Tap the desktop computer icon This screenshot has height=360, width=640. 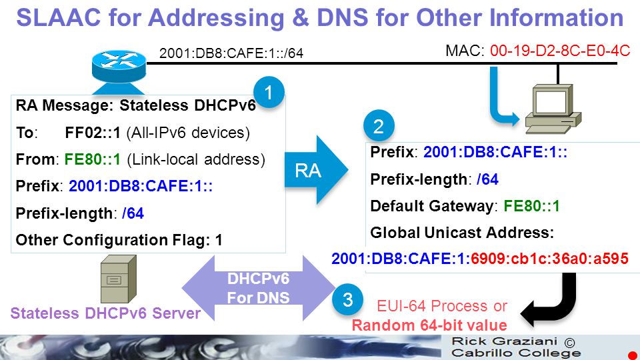(553, 109)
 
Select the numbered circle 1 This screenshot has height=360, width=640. (269, 93)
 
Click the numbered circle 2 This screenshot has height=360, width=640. (379, 126)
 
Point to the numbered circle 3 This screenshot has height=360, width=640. (347, 299)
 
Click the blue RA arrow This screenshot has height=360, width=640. (316, 170)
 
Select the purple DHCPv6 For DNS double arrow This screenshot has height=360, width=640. (259, 288)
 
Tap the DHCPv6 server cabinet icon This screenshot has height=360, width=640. (119, 279)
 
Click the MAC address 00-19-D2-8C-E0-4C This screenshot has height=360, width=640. (560, 51)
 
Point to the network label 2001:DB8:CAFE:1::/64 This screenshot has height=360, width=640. (231, 53)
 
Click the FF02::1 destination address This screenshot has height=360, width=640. (93, 133)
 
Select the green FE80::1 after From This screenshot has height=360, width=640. (93, 159)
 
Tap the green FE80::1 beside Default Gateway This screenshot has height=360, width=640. (531, 206)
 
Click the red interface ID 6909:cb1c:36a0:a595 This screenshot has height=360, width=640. (549, 259)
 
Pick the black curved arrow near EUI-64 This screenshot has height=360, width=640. (549, 300)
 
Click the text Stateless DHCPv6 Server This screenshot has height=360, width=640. (105, 313)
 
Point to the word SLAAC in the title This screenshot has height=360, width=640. (59, 17)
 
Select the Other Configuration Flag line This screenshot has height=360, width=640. (119, 239)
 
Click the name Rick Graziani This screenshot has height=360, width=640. (505, 341)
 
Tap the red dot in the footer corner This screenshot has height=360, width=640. (633, 355)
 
